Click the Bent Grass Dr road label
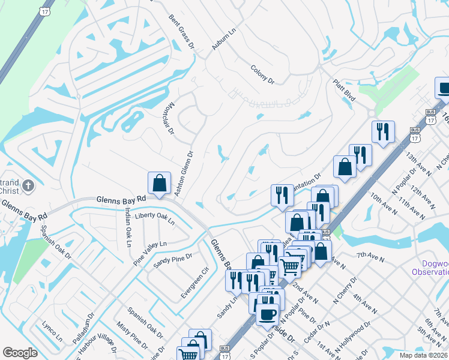pyautogui.click(x=182, y=32)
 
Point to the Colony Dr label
pyautogui.click(x=262, y=75)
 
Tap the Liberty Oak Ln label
pyautogui.click(x=155, y=218)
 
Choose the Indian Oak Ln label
pyautogui.click(x=127, y=229)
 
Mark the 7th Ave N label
pyautogui.click(x=370, y=260)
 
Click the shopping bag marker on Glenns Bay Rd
pyautogui.click(x=160, y=182)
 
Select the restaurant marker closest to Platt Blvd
pyautogui.click(x=382, y=131)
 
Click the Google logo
pyautogui.click(x=20, y=353)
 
